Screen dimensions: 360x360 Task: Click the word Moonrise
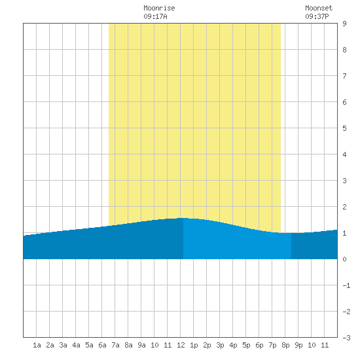159,8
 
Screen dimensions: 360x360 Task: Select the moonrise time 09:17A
155,16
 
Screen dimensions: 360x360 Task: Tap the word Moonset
319,8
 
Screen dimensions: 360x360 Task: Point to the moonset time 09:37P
317,16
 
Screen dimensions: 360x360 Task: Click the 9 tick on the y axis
344,24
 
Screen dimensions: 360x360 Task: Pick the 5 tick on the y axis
344,128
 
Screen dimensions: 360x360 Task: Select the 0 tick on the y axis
344,259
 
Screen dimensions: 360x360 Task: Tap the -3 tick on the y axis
346,338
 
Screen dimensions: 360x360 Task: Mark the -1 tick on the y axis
346,285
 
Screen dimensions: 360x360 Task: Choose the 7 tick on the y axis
344,76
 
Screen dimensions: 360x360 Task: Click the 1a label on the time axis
37,345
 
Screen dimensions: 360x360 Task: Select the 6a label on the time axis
102,345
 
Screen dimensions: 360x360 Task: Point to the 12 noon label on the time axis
181,345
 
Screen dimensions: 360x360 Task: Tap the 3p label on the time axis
220,346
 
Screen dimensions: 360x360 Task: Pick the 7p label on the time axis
272,346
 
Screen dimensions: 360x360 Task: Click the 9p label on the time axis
298,346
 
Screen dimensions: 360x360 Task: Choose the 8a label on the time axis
128,345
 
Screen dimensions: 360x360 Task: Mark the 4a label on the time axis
76,345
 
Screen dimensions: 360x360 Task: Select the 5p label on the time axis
246,346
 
